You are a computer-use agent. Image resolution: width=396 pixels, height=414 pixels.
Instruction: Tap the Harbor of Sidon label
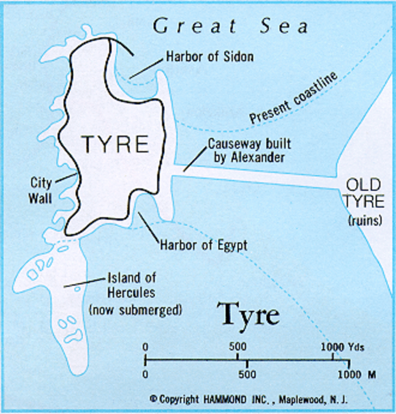(x=210, y=56)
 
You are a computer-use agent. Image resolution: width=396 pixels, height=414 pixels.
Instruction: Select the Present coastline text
(x=293, y=99)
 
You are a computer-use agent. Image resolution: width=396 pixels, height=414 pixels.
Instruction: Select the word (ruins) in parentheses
(x=365, y=220)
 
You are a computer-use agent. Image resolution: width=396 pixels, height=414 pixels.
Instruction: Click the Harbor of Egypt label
(x=204, y=245)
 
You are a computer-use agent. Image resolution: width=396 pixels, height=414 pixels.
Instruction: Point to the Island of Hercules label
(x=131, y=285)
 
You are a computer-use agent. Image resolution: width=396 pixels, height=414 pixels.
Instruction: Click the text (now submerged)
(x=135, y=310)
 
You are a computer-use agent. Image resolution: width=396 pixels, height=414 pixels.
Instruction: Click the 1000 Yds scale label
(x=342, y=346)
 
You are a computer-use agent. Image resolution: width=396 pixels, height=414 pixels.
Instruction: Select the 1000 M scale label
(x=357, y=375)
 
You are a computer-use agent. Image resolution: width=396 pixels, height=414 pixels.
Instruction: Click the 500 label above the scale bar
(x=238, y=346)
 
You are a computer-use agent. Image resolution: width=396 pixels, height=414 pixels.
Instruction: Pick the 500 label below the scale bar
(x=247, y=375)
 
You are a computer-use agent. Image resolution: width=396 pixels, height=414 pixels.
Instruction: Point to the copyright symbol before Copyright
(x=153, y=399)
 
